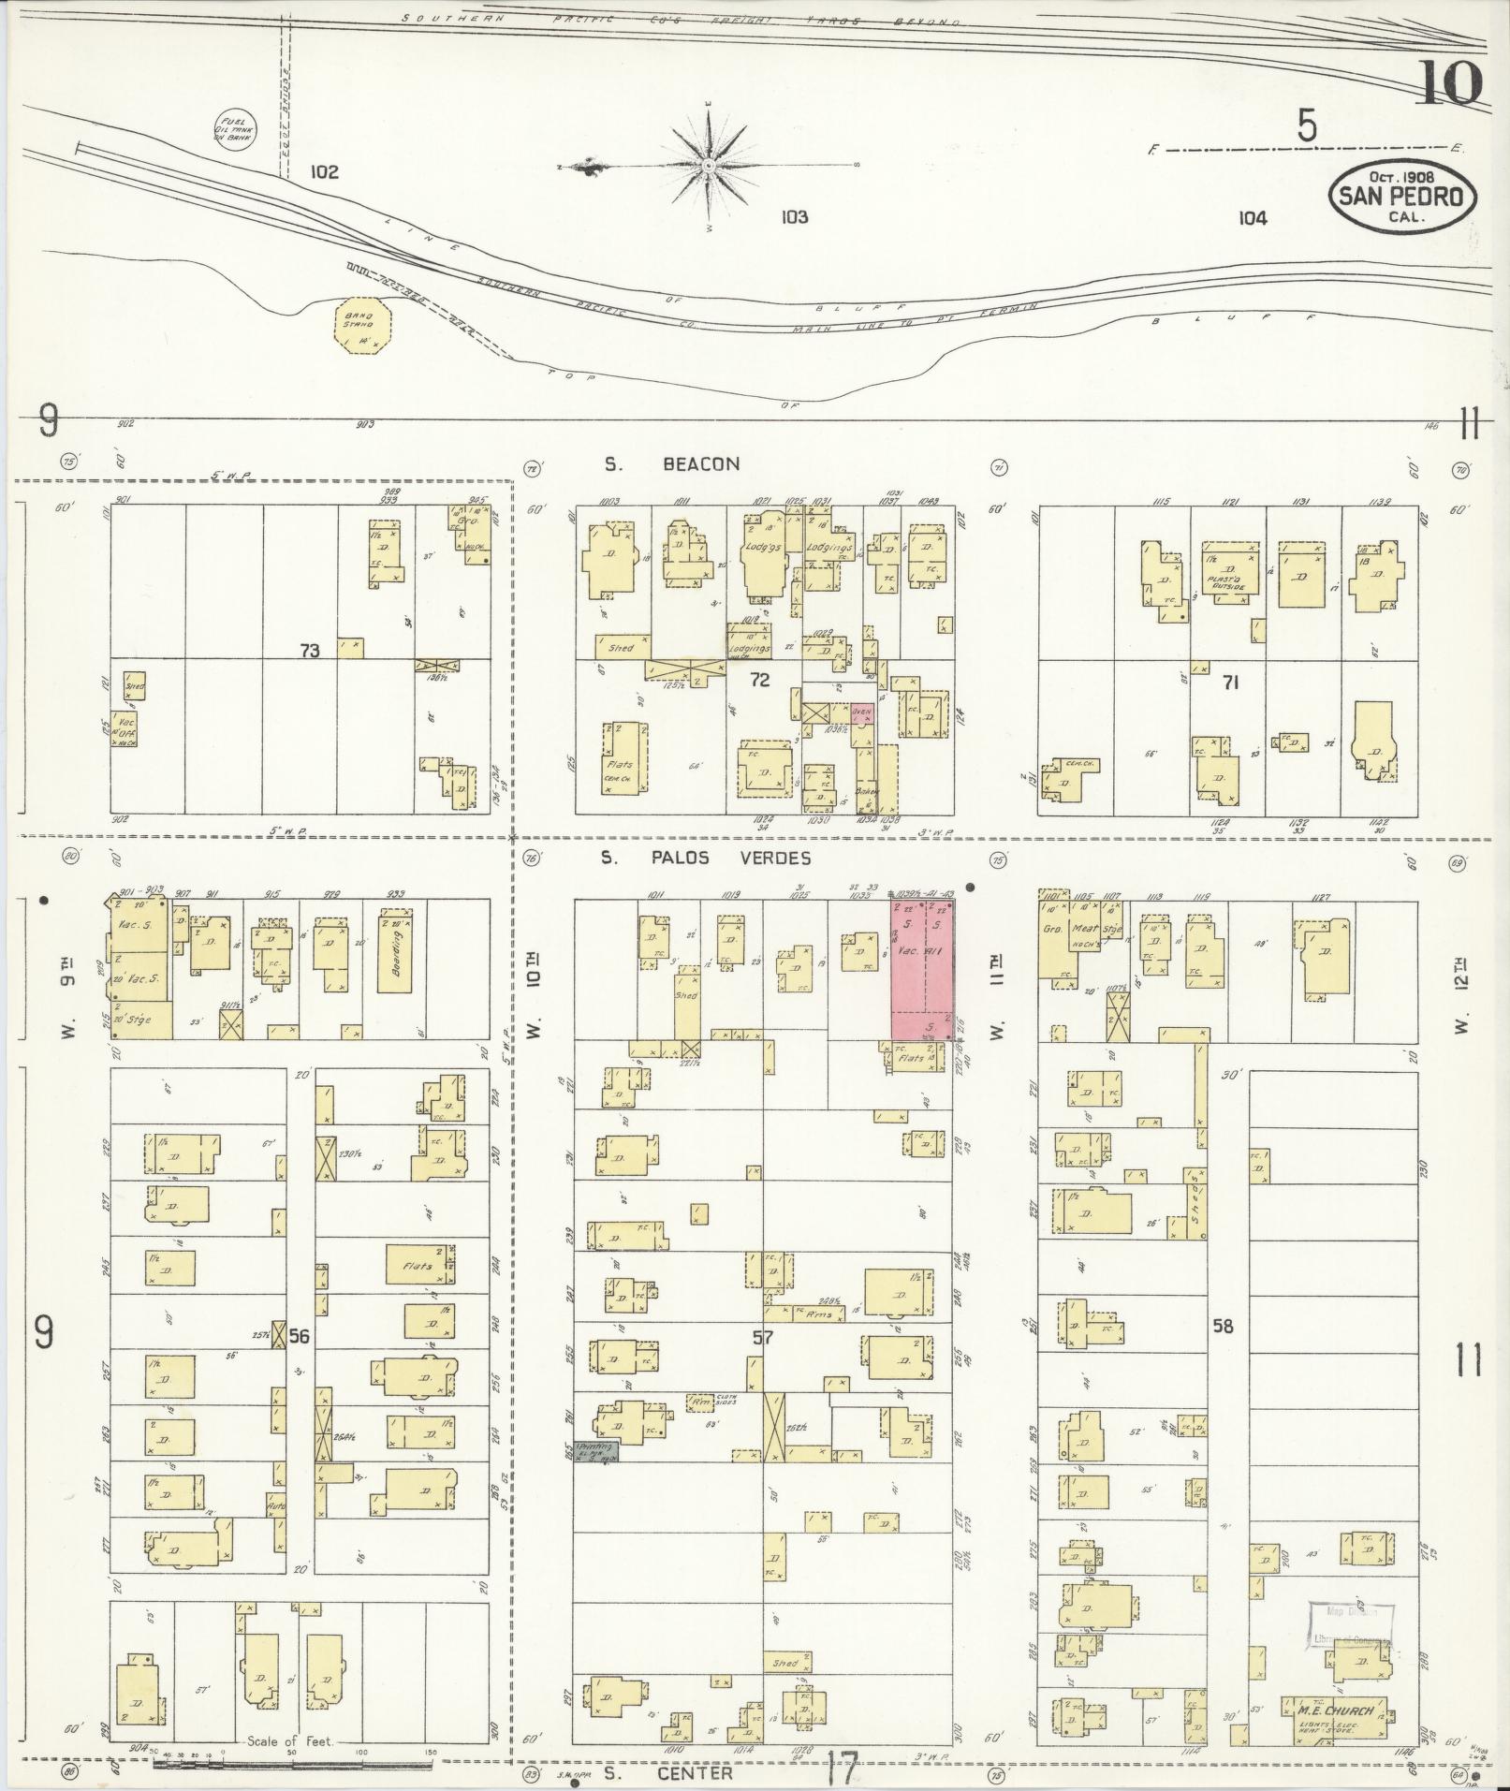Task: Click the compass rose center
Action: click(x=710, y=166)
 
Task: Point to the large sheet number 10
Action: click(x=1449, y=82)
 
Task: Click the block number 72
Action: click(x=759, y=680)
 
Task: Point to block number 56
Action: click(x=299, y=1337)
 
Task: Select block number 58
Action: click(x=1223, y=1326)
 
